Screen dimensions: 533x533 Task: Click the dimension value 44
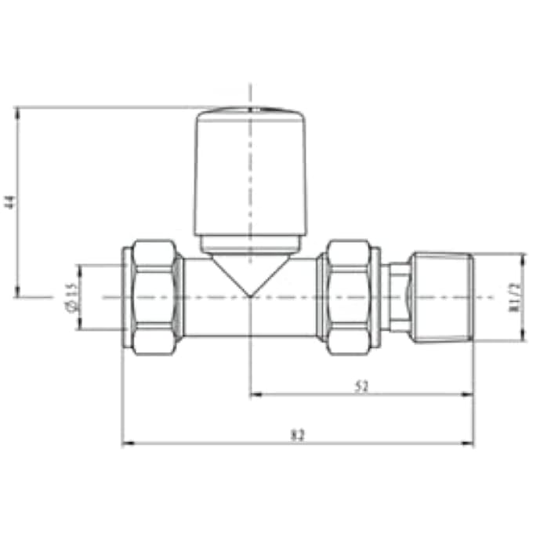(x=10, y=201)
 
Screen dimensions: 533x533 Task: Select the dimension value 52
(x=362, y=386)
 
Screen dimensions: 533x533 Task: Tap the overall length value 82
(x=297, y=434)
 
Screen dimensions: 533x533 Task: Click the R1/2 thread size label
(x=514, y=297)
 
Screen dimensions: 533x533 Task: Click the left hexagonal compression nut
(x=154, y=297)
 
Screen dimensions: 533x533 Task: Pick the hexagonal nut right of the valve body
(x=348, y=297)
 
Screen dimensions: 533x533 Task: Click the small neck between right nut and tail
(x=398, y=297)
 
